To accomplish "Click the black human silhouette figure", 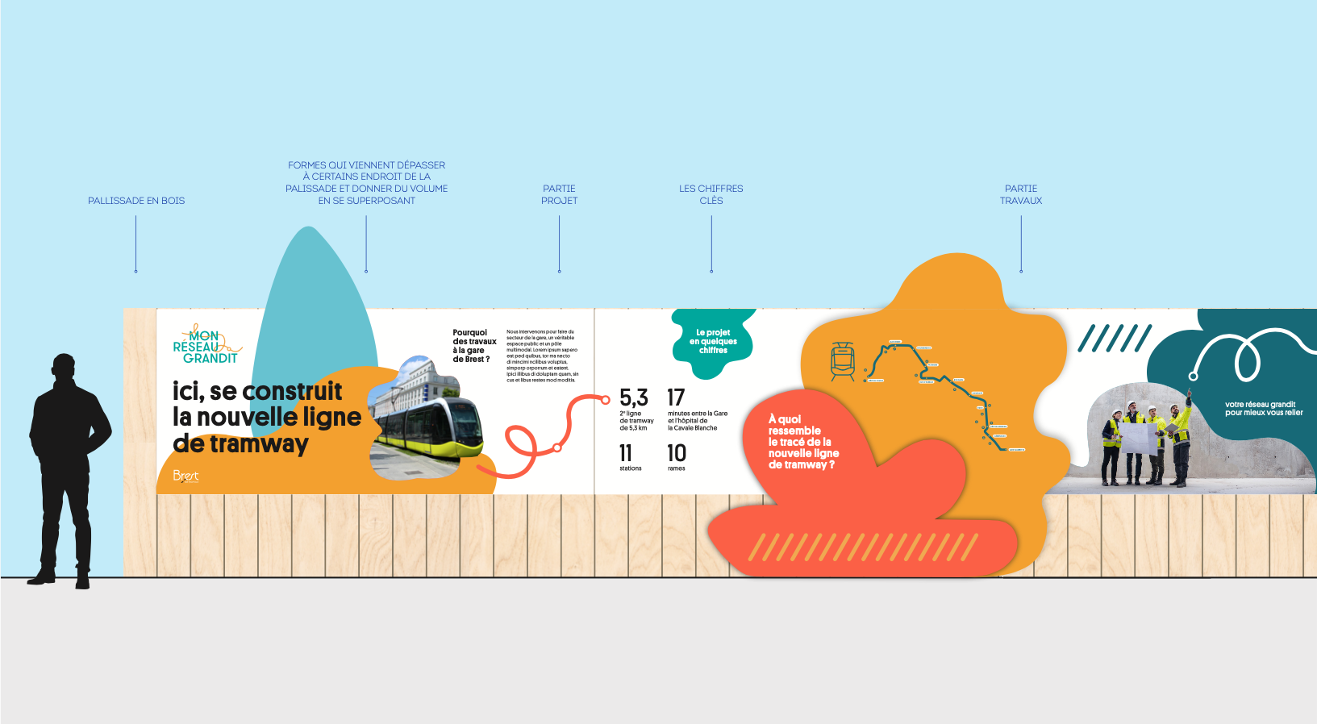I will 68,468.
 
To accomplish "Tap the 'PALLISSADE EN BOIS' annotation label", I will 136,201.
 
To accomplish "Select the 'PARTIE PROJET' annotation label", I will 559,194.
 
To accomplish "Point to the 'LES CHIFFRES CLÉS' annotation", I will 711,194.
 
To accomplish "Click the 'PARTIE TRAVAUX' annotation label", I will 1021,194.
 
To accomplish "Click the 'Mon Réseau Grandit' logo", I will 206,346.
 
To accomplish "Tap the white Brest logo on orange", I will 185,476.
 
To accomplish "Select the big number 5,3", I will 633,397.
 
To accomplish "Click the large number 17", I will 676,397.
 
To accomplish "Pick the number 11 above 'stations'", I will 626,453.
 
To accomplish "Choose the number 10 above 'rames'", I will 677,453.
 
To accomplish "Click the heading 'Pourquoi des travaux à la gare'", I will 473,346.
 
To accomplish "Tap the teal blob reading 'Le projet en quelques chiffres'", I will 713,342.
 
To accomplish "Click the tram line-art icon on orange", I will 843,360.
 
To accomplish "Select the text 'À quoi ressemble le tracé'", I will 802,442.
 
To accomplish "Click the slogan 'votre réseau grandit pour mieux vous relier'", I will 1264,409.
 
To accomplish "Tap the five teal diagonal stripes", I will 1115,339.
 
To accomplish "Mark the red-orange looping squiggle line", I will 548,435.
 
